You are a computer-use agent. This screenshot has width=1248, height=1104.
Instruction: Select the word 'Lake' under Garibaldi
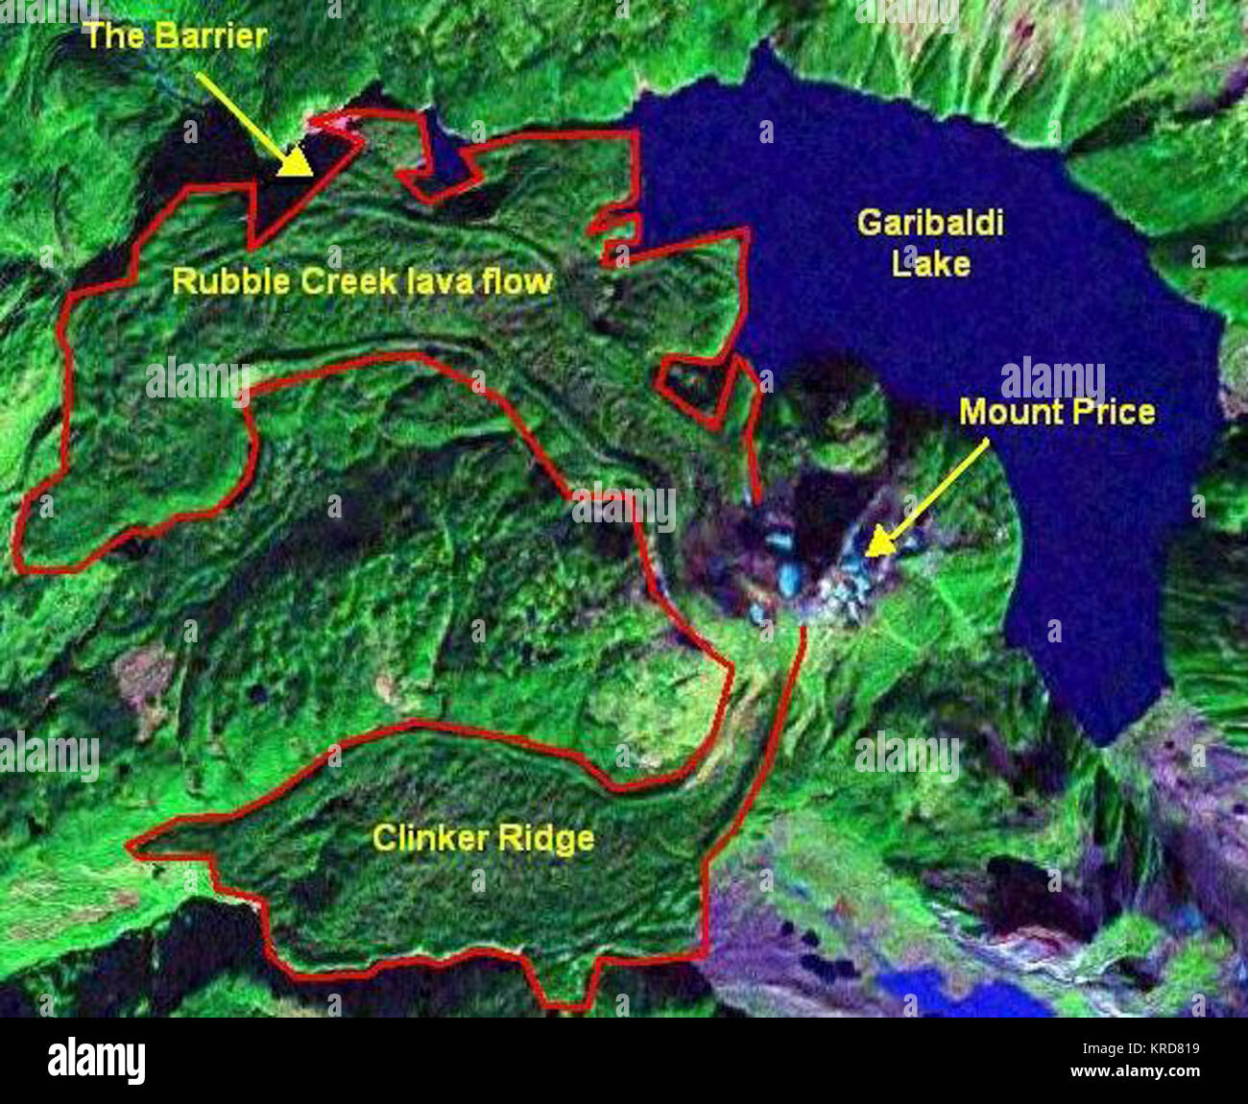(930, 262)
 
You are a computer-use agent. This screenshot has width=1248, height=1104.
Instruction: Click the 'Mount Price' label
(1057, 413)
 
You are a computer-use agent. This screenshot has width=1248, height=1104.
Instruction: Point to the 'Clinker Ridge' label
(483, 839)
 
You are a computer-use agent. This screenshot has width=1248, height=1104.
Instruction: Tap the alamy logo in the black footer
(96, 1061)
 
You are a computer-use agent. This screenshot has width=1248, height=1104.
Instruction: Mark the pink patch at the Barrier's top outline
(331, 121)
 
